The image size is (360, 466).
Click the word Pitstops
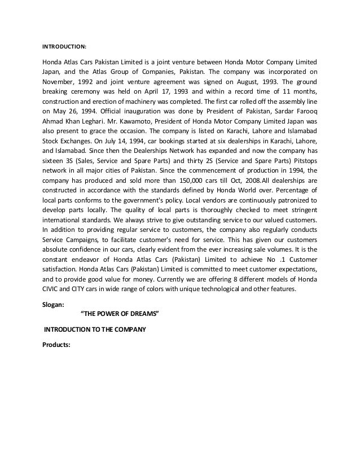(302, 172)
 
